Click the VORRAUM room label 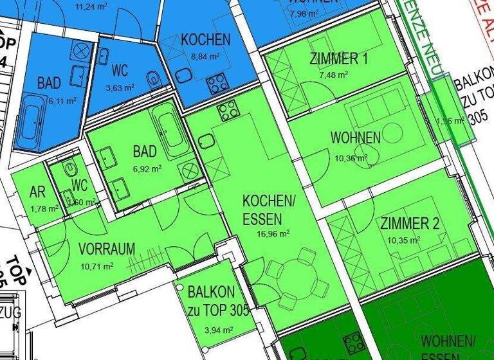click(107, 249)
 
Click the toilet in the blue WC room click(153, 81)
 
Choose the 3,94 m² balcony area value click(215, 330)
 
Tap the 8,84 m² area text click(205, 56)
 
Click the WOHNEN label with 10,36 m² click(356, 138)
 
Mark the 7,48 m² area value click(334, 75)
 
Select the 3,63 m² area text click(120, 87)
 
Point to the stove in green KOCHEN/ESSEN click(228, 112)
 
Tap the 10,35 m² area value click(404, 240)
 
